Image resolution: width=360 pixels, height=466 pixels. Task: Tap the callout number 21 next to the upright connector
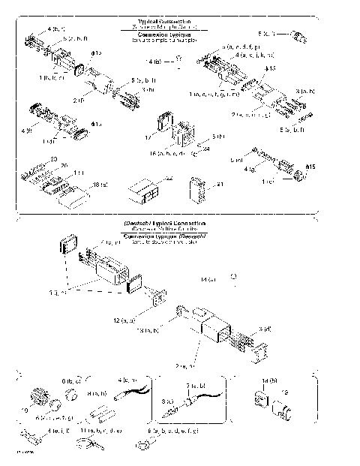220,183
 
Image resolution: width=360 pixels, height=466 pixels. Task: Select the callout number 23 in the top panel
53,158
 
